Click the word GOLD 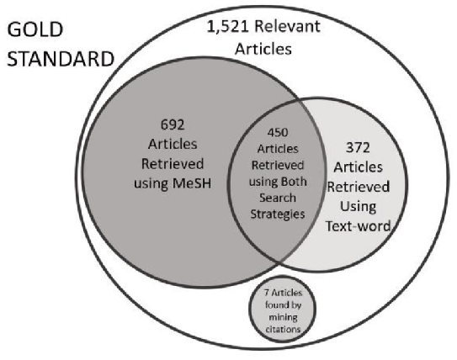pyautogui.click(x=35, y=29)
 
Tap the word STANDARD pyautogui.click(x=61, y=59)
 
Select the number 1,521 pyautogui.click(x=228, y=27)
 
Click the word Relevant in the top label pyautogui.click(x=287, y=26)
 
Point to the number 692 pyautogui.click(x=173, y=125)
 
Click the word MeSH pyautogui.click(x=192, y=183)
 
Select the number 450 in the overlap pyautogui.click(x=278, y=133)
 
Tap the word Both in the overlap pyautogui.click(x=294, y=182)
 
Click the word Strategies pyautogui.click(x=278, y=214)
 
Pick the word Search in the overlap pyautogui.click(x=278, y=198)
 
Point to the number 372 pyautogui.click(x=358, y=148)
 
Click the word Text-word pyautogui.click(x=358, y=226)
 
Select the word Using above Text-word pyautogui.click(x=358, y=207)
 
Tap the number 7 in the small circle pyautogui.click(x=267, y=292)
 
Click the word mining pyautogui.click(x=283, y=317)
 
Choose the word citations pyautogui.click(x=283, y=329)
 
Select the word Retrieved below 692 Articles pyautogui.click(x=173, y=164)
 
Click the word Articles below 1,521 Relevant pyautogui.click(x=263, y=48)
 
